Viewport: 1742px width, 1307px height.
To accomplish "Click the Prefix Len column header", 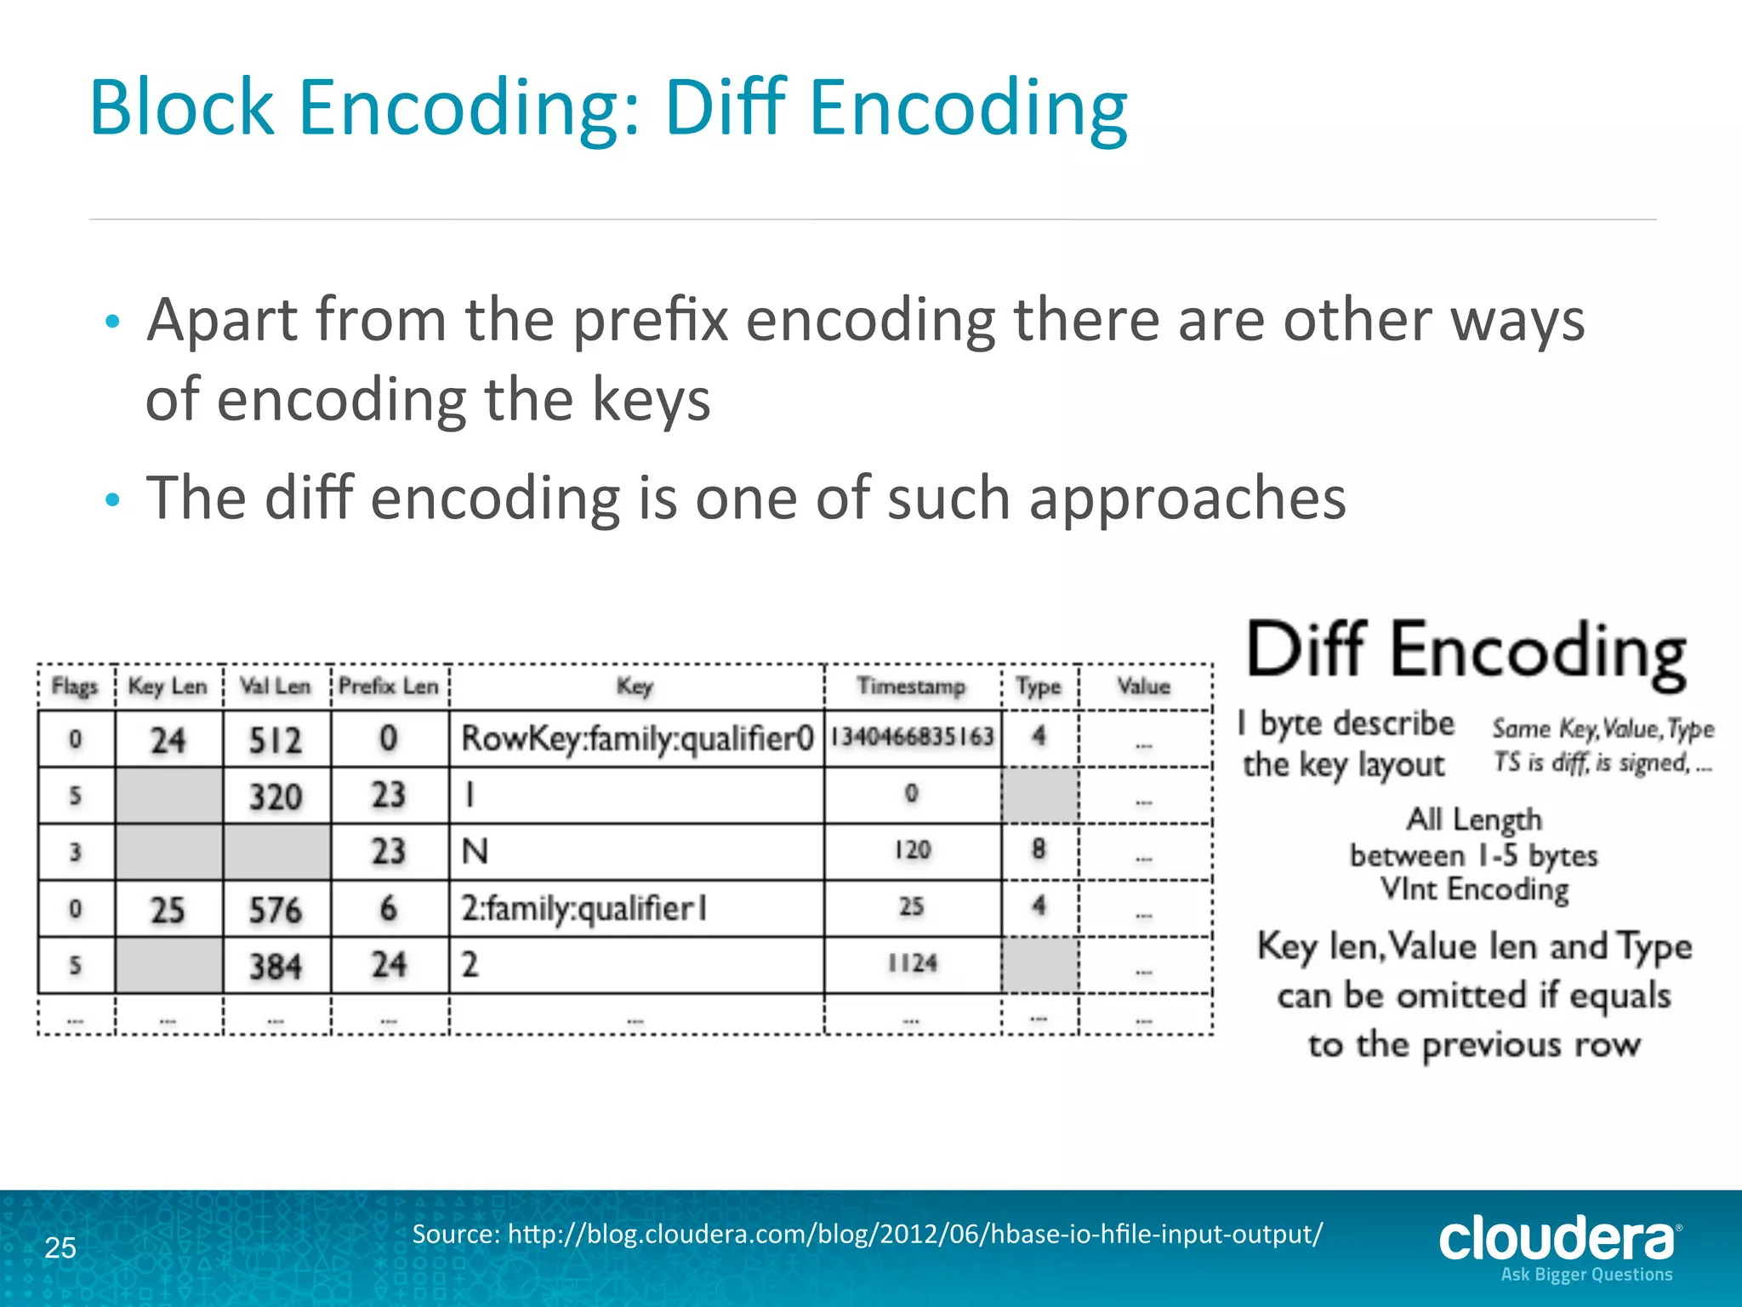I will (389, 686).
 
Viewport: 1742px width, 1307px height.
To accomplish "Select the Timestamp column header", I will (911, 686).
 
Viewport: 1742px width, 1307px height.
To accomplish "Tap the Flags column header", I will (75, 686).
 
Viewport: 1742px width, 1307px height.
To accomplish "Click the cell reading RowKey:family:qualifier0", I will (637, 738).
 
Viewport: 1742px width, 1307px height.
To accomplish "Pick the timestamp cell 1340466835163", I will (912, 737).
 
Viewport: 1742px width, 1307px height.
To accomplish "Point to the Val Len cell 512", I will (276, 739).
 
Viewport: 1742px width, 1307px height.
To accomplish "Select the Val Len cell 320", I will (276, 796).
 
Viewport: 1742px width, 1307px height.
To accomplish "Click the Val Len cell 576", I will (276, 910).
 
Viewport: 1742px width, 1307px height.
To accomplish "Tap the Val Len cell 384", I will (276, 966).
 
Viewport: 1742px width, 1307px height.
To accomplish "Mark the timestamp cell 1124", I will (912, 963).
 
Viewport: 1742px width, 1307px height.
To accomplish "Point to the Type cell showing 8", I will (1039, 850).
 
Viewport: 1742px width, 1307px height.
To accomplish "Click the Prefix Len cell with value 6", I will (389, 909).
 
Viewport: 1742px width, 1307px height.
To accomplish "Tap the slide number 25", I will (60, 1247).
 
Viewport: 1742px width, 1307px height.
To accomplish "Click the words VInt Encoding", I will (1474, 889).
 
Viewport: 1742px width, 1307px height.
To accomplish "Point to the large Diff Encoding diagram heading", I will (1466, 652).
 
